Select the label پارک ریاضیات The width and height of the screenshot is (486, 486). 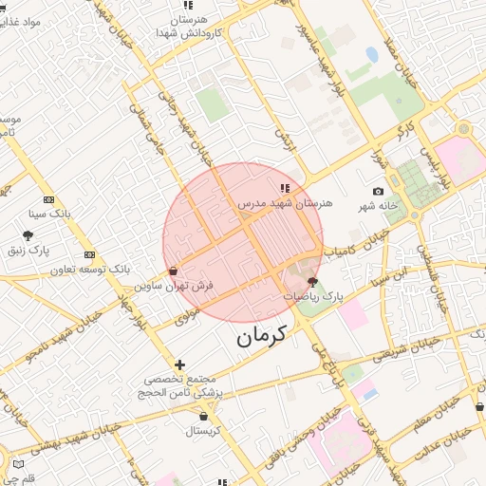point(313,297)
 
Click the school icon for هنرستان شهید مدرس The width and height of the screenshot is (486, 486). point(286,187)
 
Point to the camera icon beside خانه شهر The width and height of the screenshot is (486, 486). point(379,192)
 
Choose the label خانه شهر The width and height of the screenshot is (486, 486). point(376,206)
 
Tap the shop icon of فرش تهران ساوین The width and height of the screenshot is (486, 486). point(172,271)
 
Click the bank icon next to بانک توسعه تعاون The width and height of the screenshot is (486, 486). point(89,254)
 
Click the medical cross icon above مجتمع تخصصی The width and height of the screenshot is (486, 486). point(179,364)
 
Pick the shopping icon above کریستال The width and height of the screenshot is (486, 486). point(203,416)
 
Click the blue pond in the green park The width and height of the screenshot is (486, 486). point(372,55)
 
